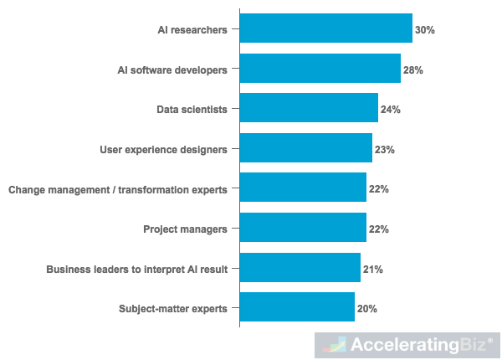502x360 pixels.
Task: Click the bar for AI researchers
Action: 325,28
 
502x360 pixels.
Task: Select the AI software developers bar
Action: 320,69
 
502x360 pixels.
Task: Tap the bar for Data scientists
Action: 309,109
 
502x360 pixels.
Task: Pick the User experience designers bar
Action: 305,149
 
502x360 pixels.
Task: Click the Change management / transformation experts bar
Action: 303,189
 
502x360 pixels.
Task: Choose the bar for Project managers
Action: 303,229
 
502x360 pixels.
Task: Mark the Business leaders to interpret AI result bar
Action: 300,269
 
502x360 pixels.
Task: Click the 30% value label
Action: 425,29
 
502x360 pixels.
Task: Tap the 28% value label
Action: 413,69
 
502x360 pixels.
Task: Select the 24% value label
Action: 391,110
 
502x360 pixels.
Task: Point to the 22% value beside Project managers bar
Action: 379,229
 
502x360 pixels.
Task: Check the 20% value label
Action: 367,309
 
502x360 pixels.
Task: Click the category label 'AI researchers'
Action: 192,29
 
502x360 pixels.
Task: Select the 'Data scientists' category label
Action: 192,110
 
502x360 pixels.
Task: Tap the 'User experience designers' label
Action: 163,150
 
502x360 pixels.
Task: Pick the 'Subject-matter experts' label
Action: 173,309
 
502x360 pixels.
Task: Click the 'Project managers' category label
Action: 185,229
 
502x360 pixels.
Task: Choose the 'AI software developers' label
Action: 172,69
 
